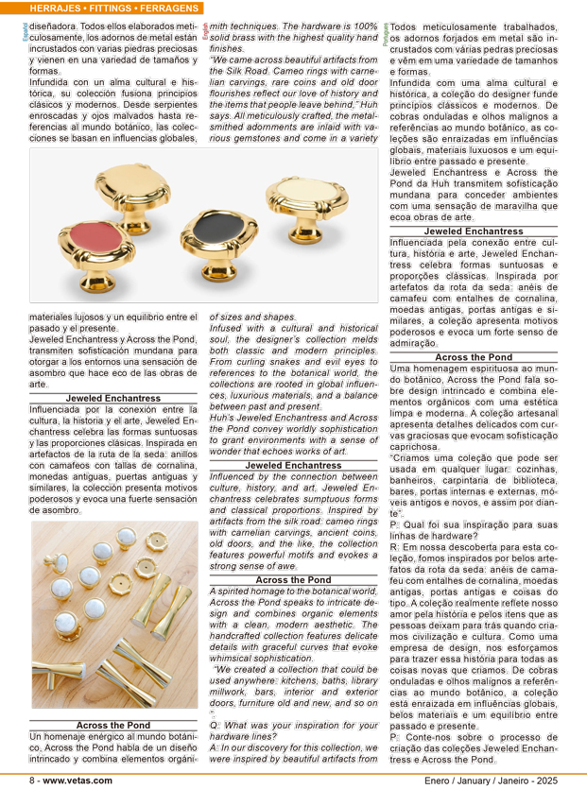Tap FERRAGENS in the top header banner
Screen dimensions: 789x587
coord(167,9)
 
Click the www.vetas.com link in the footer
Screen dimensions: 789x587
coord(78,780)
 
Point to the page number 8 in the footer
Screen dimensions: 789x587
coord(32,780)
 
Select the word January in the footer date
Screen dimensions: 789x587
coord(471,780)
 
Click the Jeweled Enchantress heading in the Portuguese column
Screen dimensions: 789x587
coord(473,231)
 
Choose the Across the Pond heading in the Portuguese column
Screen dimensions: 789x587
coord(473,357)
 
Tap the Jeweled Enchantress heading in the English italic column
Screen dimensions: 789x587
coord(293,466)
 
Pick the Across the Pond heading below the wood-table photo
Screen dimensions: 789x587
coord(112,725)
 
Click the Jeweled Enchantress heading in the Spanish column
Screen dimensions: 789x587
coord(112,399)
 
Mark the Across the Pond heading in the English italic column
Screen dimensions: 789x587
coord(293,579)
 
